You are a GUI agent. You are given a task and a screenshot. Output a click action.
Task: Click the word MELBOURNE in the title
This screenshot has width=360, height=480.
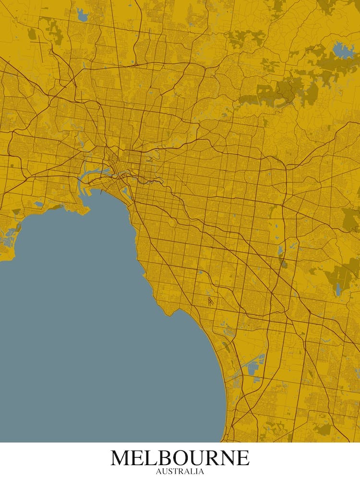(x=180, y=458)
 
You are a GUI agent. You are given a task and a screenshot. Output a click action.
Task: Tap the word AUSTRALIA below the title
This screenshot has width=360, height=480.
(x=180, y=471)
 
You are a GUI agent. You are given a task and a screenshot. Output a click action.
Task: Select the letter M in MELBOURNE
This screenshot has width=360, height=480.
(x=120, y=458)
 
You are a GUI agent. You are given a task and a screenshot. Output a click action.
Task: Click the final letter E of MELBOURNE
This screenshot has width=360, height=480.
(x=243, y=458)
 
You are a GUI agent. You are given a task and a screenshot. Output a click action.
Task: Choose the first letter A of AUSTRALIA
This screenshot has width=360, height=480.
(x=159, y=471)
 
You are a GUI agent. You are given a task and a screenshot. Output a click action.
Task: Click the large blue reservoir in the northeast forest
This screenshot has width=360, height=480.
(x=342, y=49)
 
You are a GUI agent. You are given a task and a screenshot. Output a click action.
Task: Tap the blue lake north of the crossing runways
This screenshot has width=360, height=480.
(x=82, y=16)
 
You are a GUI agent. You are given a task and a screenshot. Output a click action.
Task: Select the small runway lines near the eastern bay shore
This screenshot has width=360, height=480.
(x=211, y=302)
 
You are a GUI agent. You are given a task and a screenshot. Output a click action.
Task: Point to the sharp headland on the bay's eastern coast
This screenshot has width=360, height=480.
(x=168, y=314)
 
